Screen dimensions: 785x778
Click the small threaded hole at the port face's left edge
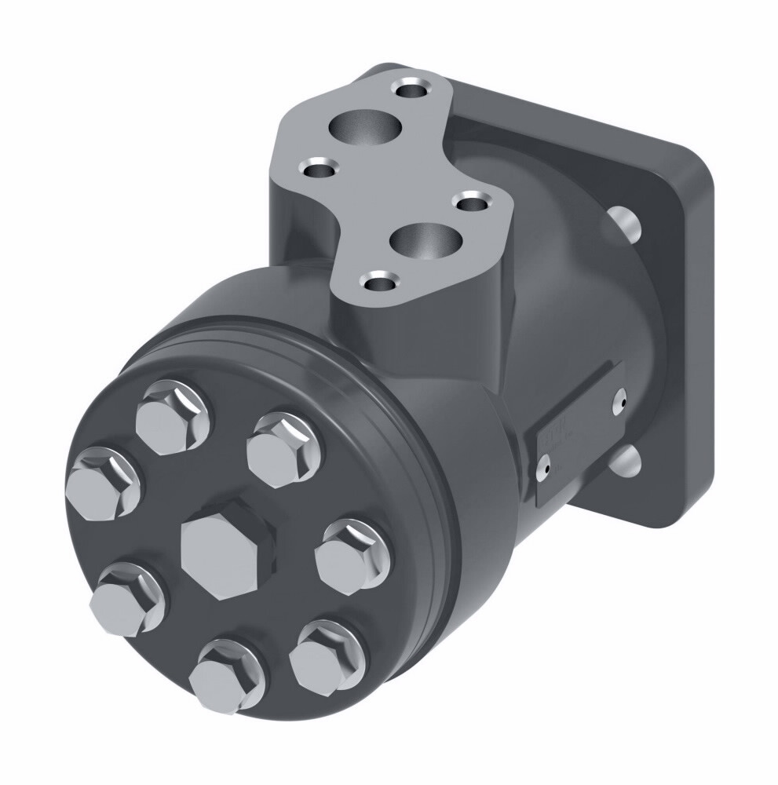(x=319, y=168)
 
